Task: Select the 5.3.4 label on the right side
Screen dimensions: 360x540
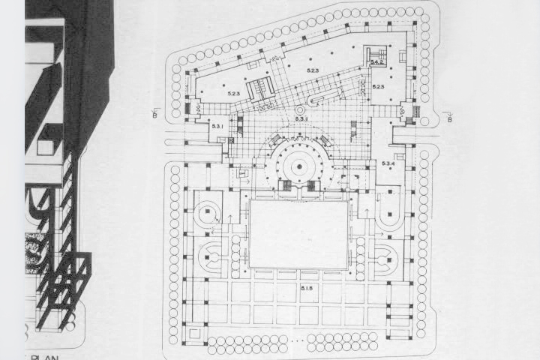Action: pyautogui.click(x=388, y=163)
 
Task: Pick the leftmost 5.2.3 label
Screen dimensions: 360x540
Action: pyautogui.click(x=233, y=94)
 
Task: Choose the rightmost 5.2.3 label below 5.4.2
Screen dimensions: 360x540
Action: pyautogui.click(x=378, y=88)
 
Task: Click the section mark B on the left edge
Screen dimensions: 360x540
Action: pyautogui.click(x=154, y=114)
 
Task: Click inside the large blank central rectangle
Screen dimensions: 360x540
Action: pyautogui.click(x=298, y=234)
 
